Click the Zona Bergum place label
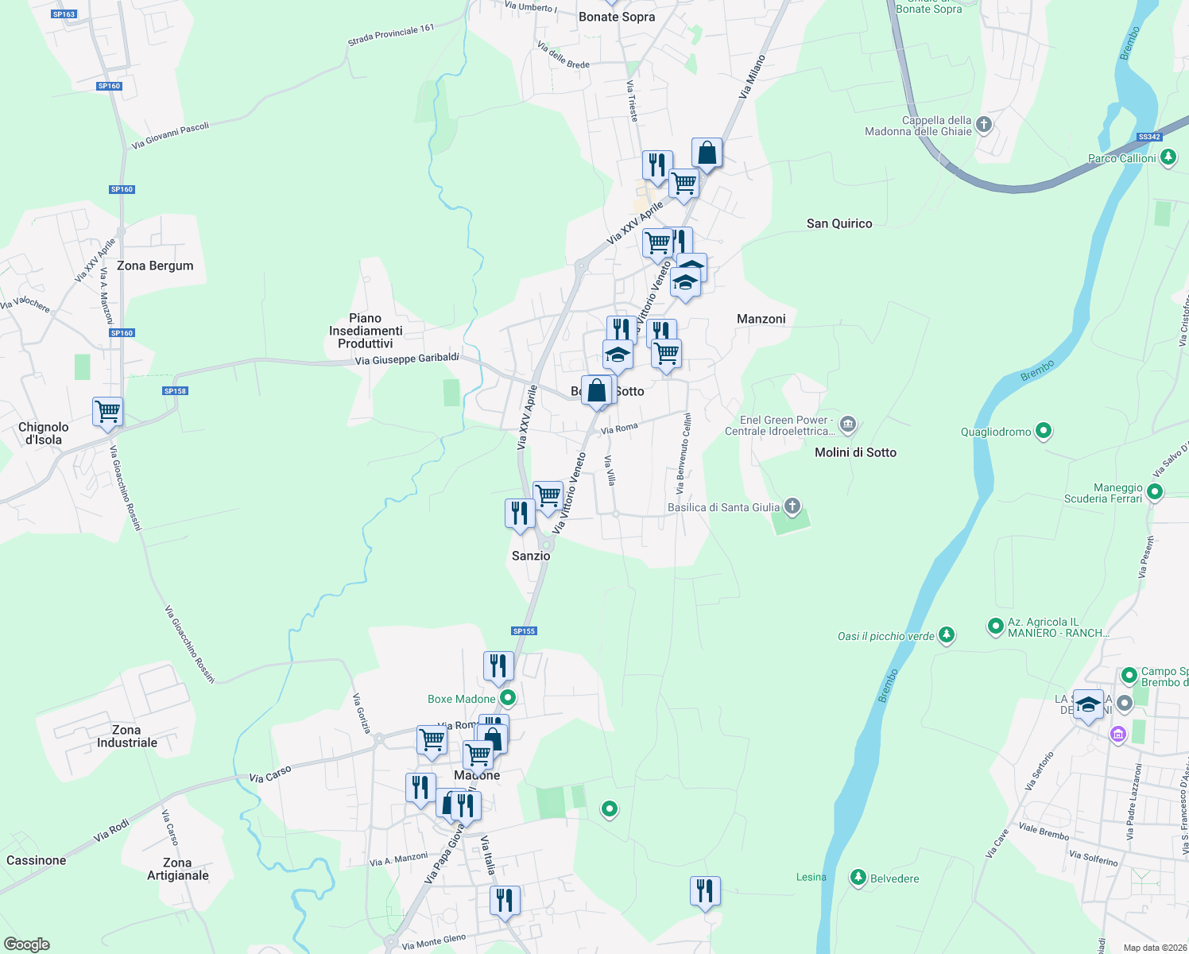[155, 266]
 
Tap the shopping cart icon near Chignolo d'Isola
[107, 412]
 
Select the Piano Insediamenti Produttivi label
[366, 331]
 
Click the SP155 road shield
[525, 630]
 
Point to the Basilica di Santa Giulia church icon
[792, 506]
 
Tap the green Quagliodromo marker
[1044, 431]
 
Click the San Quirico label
[839, 223]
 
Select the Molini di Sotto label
[855, 452]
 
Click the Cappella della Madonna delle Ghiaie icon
[984, 124]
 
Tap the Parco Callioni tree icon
[1168, 157]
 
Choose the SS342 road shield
[1149, 137]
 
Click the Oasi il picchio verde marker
[946, 634]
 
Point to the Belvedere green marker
[858, 877]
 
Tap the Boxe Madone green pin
[508, 698]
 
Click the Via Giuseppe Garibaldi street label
[407, 359]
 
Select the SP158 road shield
[175, 390]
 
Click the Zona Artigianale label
[177, 869]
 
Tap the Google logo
[27, 944]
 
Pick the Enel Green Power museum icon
[848, 423]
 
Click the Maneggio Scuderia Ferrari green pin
[1155, 492]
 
